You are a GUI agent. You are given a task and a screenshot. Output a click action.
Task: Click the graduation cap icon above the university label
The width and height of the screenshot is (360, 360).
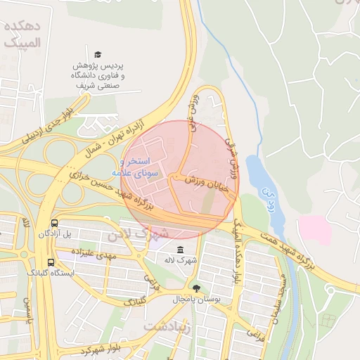click(98, 54)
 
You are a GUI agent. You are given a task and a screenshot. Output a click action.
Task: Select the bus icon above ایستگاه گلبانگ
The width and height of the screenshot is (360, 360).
click(50, 262)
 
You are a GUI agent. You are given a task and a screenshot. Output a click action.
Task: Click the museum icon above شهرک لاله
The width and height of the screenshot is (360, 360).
click(181, 250)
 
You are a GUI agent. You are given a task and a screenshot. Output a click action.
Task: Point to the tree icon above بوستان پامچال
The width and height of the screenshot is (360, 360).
click(196, 288)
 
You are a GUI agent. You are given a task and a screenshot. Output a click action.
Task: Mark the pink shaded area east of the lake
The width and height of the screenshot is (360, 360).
click(314, 231)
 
